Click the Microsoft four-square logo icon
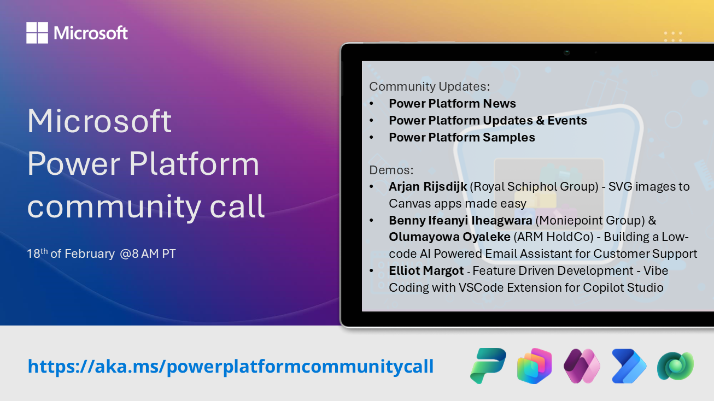37,33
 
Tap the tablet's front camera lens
567,52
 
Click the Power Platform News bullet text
452,103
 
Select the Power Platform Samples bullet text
461,137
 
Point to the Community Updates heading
430,86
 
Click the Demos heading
391,169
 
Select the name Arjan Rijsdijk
428,186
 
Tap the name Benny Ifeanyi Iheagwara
460,220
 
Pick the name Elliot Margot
426,270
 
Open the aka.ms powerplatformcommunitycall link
231,366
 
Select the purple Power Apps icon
582,366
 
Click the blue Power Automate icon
629,366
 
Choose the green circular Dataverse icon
675,366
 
